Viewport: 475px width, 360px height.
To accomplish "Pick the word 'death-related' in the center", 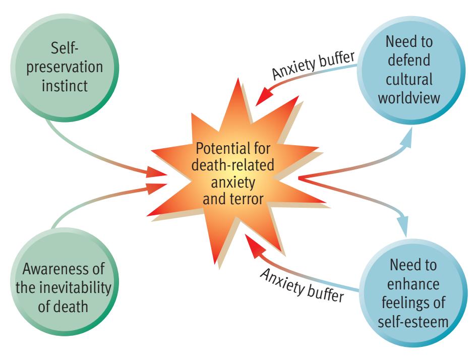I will coord(232,166).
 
